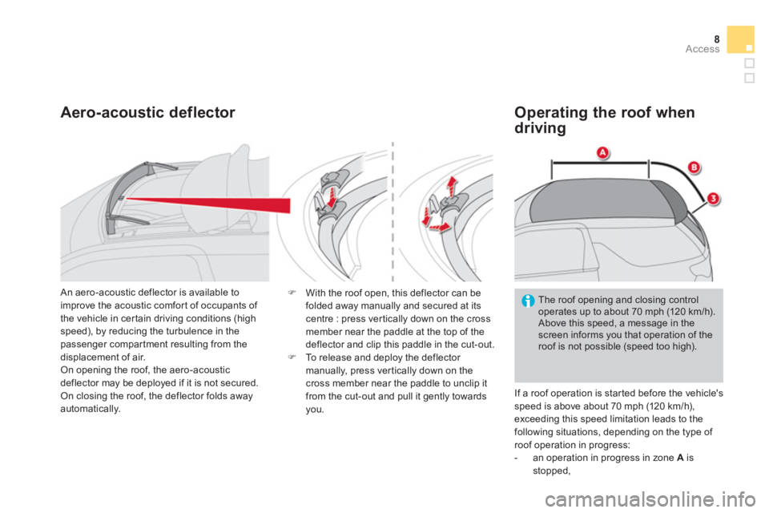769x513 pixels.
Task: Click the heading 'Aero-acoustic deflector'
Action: pyautogui.click(x=147, y=112)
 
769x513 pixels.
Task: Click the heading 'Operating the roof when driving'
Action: pyautogui.click(x=604, y=119)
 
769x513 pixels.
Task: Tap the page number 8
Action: pyautogui.click(x=716, y=38)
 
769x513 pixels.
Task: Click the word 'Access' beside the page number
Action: pyautogui.click(x=703, y=49)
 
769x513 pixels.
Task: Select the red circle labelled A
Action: pyautogui.click(x=602, y=152)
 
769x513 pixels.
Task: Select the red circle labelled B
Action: pyautogui.click(x=694, y=168)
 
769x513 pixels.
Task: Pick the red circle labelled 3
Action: pyautogui.click(x=713, y=199)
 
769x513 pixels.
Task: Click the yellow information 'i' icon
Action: pyautogui.click(x=528, y=301)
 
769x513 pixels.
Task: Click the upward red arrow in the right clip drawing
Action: pyautogui.click(x=452, y=187)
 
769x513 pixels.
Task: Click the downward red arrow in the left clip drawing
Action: pyautogui.click(x=332, y=198)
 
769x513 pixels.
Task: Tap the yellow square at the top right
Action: pyautogui.click(x=740, y=39)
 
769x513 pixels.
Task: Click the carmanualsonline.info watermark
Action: pyautogui.click(x=650, y=499)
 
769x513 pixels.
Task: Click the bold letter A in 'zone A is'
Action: pyautogui.click(x=680, y=458)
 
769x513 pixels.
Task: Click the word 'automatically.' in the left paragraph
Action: pyautogui.click(x=91, y=409)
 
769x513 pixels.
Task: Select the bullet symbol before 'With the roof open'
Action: pyautogui.click(x=292, y=293)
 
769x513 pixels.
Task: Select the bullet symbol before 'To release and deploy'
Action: pyautogui.click(x=292, y=357)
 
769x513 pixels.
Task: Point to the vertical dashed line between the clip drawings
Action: pyautogui.click(x=393, y=211)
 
